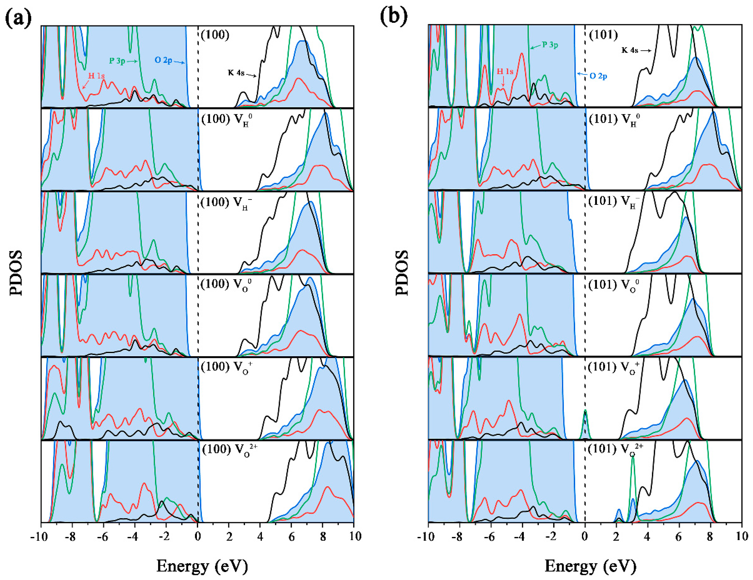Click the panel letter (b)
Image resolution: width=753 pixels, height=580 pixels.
[x=393, y=16]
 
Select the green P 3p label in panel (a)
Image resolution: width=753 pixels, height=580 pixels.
[x=117, y=61]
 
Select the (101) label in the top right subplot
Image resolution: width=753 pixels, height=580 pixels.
[x=603, y=35]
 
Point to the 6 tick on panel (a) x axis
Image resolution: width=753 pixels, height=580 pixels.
[x=291, y=536]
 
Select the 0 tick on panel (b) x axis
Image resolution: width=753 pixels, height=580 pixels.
[x=585, y=536]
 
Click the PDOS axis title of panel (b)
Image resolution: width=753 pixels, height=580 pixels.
[x=402, y=273]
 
